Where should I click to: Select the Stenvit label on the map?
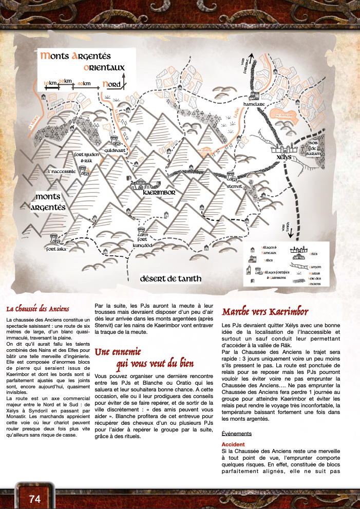point(234,187)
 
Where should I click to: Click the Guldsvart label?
point(116,150)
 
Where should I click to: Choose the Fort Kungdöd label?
point(147,243)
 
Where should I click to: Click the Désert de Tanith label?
point(170,279)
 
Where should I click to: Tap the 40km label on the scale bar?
point(84,83)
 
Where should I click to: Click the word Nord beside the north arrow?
point(111,84)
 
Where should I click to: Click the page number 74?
point(35,498)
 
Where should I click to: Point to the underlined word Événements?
point(237,433)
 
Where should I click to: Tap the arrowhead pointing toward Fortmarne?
point(251,55)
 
